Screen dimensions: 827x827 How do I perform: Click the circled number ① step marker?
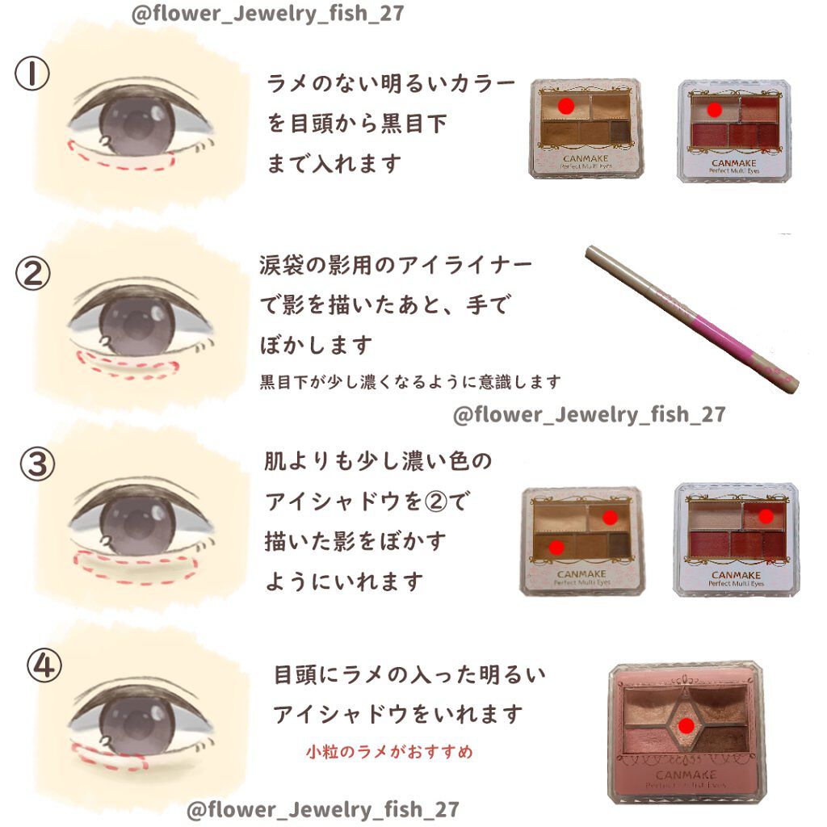pyautogui.click(x=31, y=75)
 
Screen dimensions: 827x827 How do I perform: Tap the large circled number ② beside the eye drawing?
pyautogui.click(x=33, y=275)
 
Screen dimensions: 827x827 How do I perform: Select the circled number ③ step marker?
pyautogui.click(x=36, y=464)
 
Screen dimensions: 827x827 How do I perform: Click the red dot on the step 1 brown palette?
pyautogui.click(x=566, y=106)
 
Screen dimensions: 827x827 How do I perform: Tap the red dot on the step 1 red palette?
pyautogui.click(x=713, y=108)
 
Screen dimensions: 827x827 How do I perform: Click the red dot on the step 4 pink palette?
pyautogui.click(x=686, y=727)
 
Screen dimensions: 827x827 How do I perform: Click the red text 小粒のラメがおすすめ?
pyautogui.click(x=389, y=752)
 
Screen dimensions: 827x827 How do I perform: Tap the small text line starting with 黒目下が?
pyautogui.click(x=409, y=381)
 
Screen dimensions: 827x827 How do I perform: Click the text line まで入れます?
pyautogui.click(x=334, y=164)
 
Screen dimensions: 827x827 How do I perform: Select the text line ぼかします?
pyautogui.click(x=316, y=345)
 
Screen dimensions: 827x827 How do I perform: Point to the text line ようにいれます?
pyautogui.click(x=344, y=581)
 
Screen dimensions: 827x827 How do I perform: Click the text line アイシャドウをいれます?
pyautogui.click(x=397, y=714)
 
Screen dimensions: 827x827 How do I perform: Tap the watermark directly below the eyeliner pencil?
pyautogui.click(x=589, y=414)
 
